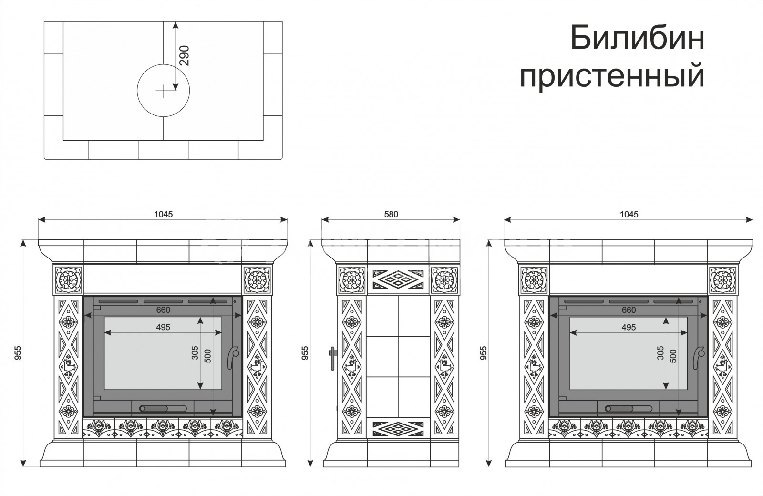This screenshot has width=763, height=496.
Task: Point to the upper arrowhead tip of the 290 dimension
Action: (x=175, y=22)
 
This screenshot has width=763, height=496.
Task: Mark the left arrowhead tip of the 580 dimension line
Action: (x=322, y=220)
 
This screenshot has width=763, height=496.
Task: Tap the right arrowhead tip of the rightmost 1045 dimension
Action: (x=753, y=220)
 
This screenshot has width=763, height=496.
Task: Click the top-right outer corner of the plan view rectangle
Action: (x=282, y=22)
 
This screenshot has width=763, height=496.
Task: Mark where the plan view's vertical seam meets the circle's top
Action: (x=163, y=64)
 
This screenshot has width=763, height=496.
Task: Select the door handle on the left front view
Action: (x=233, y=357)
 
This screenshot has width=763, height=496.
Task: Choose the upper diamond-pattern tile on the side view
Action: (x=398, y=279)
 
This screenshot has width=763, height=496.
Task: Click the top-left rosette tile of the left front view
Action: (x=69, y=280)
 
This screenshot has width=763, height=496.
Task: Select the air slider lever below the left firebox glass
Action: (x=163, y=408)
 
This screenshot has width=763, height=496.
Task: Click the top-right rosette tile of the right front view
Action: (x=722, y=280)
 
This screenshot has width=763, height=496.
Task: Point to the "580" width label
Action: (x=391, y=214)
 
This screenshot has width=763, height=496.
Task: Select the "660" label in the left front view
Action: (x=163, y=310)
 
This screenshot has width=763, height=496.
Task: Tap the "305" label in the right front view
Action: (x=660, y=353)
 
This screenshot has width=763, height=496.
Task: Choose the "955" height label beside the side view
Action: (x=305, y=353)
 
